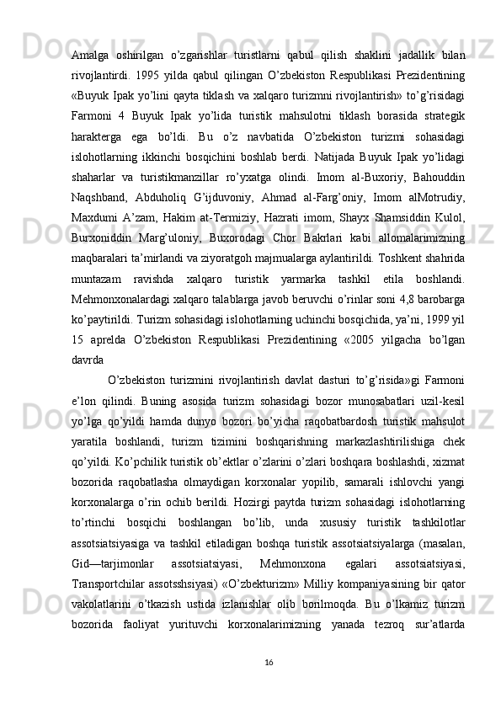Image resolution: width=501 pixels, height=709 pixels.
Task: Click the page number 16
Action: tap(268, 687)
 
